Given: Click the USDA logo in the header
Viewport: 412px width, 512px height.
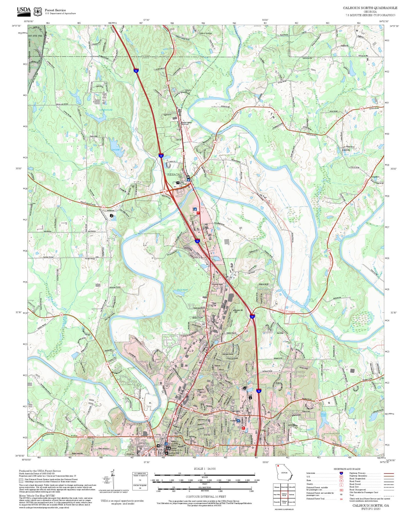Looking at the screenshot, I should click(24, 11).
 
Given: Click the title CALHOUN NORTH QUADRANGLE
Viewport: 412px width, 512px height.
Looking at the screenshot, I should click(370, 8).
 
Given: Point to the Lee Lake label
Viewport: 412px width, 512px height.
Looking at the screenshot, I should click(115, 150).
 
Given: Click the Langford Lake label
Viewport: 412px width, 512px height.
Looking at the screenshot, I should click(105, 110).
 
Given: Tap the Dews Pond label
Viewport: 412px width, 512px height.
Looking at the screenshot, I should click(182, 290).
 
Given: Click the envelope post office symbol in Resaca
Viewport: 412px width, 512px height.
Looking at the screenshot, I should click(188, 177).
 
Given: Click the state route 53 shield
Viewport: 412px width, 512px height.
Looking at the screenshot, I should click(146, 452).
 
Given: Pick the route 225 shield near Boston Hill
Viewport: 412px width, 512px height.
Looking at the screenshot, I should click(245, 329).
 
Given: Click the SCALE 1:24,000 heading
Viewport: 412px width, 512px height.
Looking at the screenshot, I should click(204, 469).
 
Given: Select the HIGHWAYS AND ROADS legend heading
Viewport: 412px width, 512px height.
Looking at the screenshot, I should click(347, 469).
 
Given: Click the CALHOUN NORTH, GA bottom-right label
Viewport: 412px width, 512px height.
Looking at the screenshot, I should click(370, 505).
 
